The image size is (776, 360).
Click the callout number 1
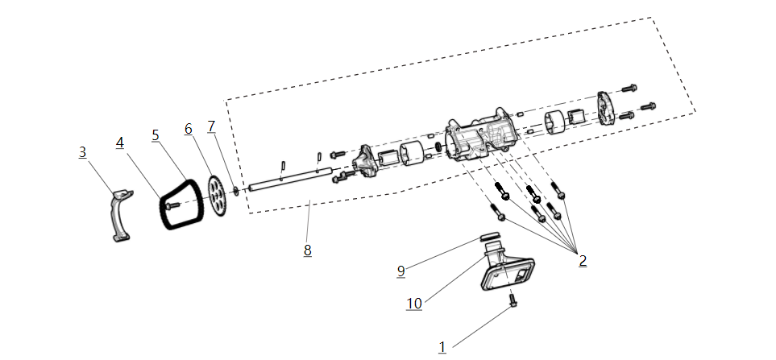point(442,346)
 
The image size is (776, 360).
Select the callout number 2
point(582,260)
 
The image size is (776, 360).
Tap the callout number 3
point(82,151)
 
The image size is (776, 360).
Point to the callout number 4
point(119,143)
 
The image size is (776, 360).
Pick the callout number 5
point(155,134)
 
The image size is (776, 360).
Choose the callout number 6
point(188,129)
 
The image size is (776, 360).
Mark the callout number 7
point(211,126)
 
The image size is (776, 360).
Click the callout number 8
point(307,250)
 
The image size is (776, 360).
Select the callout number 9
point(400,271)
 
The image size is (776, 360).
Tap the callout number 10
point(413,303)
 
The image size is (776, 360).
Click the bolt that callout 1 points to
point(512,301)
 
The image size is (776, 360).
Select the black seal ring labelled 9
point(490,238)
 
